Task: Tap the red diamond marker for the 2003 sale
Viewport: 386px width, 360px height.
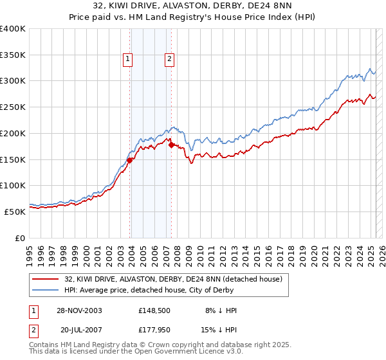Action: coord(130,161)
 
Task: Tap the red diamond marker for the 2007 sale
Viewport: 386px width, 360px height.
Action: coord(171,145)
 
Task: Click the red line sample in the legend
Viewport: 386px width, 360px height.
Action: coord(46,280)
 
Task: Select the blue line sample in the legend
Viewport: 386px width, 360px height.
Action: coord(46,291)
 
